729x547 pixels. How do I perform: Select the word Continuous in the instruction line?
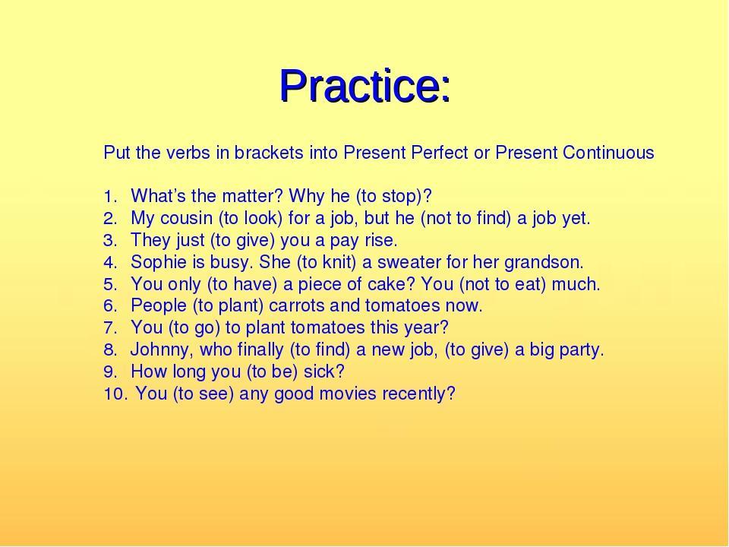click(x=608, y=153)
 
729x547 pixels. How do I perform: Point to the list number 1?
click(x=109, y=197)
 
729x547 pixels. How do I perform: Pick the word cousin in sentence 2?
click(x=186, y=218)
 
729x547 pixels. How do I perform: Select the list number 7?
click(x=109, y=328)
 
